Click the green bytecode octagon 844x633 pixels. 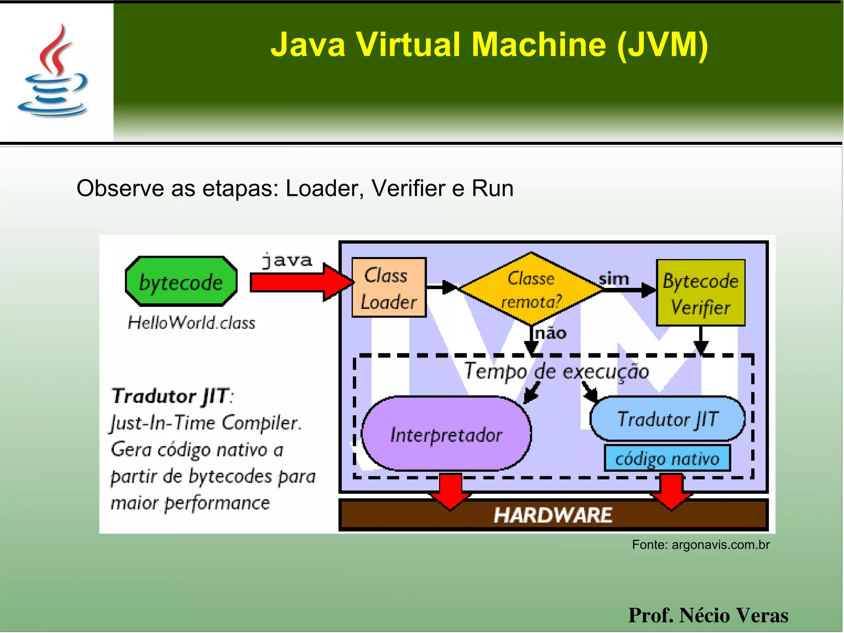[181, 282]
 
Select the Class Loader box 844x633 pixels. [389, 287]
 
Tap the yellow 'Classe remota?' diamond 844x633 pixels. [530, 289]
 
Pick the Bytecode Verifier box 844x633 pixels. [700, 293]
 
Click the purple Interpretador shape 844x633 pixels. [446, 434]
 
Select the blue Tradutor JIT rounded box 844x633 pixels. [667, 419]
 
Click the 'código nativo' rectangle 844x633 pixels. [667, 458]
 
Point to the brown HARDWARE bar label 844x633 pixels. [553, 515]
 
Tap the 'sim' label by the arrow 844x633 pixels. [614, 279]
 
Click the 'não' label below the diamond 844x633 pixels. [550, 333]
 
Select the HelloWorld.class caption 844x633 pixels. [191, 322]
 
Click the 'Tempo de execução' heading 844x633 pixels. [556, 371]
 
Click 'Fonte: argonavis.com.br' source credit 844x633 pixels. [700, 545]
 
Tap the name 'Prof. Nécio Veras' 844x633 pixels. [708, 615]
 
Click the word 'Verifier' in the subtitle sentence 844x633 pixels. [408, 188]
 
